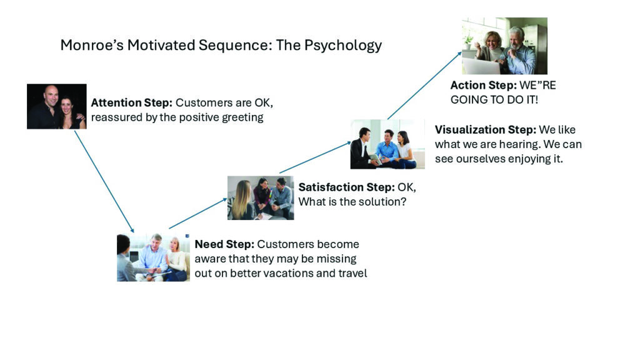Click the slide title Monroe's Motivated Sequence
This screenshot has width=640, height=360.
[221, 46]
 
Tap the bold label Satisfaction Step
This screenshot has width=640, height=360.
[346, 187]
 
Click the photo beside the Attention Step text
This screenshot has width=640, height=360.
[56, 106]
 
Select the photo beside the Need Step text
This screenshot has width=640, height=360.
[153, 257]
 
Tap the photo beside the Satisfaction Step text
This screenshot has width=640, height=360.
[260, 197]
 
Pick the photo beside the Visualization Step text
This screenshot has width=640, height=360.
[387, 144]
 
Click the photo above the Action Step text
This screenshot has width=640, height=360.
[504, 46]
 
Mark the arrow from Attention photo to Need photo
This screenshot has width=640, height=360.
[104, 181]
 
